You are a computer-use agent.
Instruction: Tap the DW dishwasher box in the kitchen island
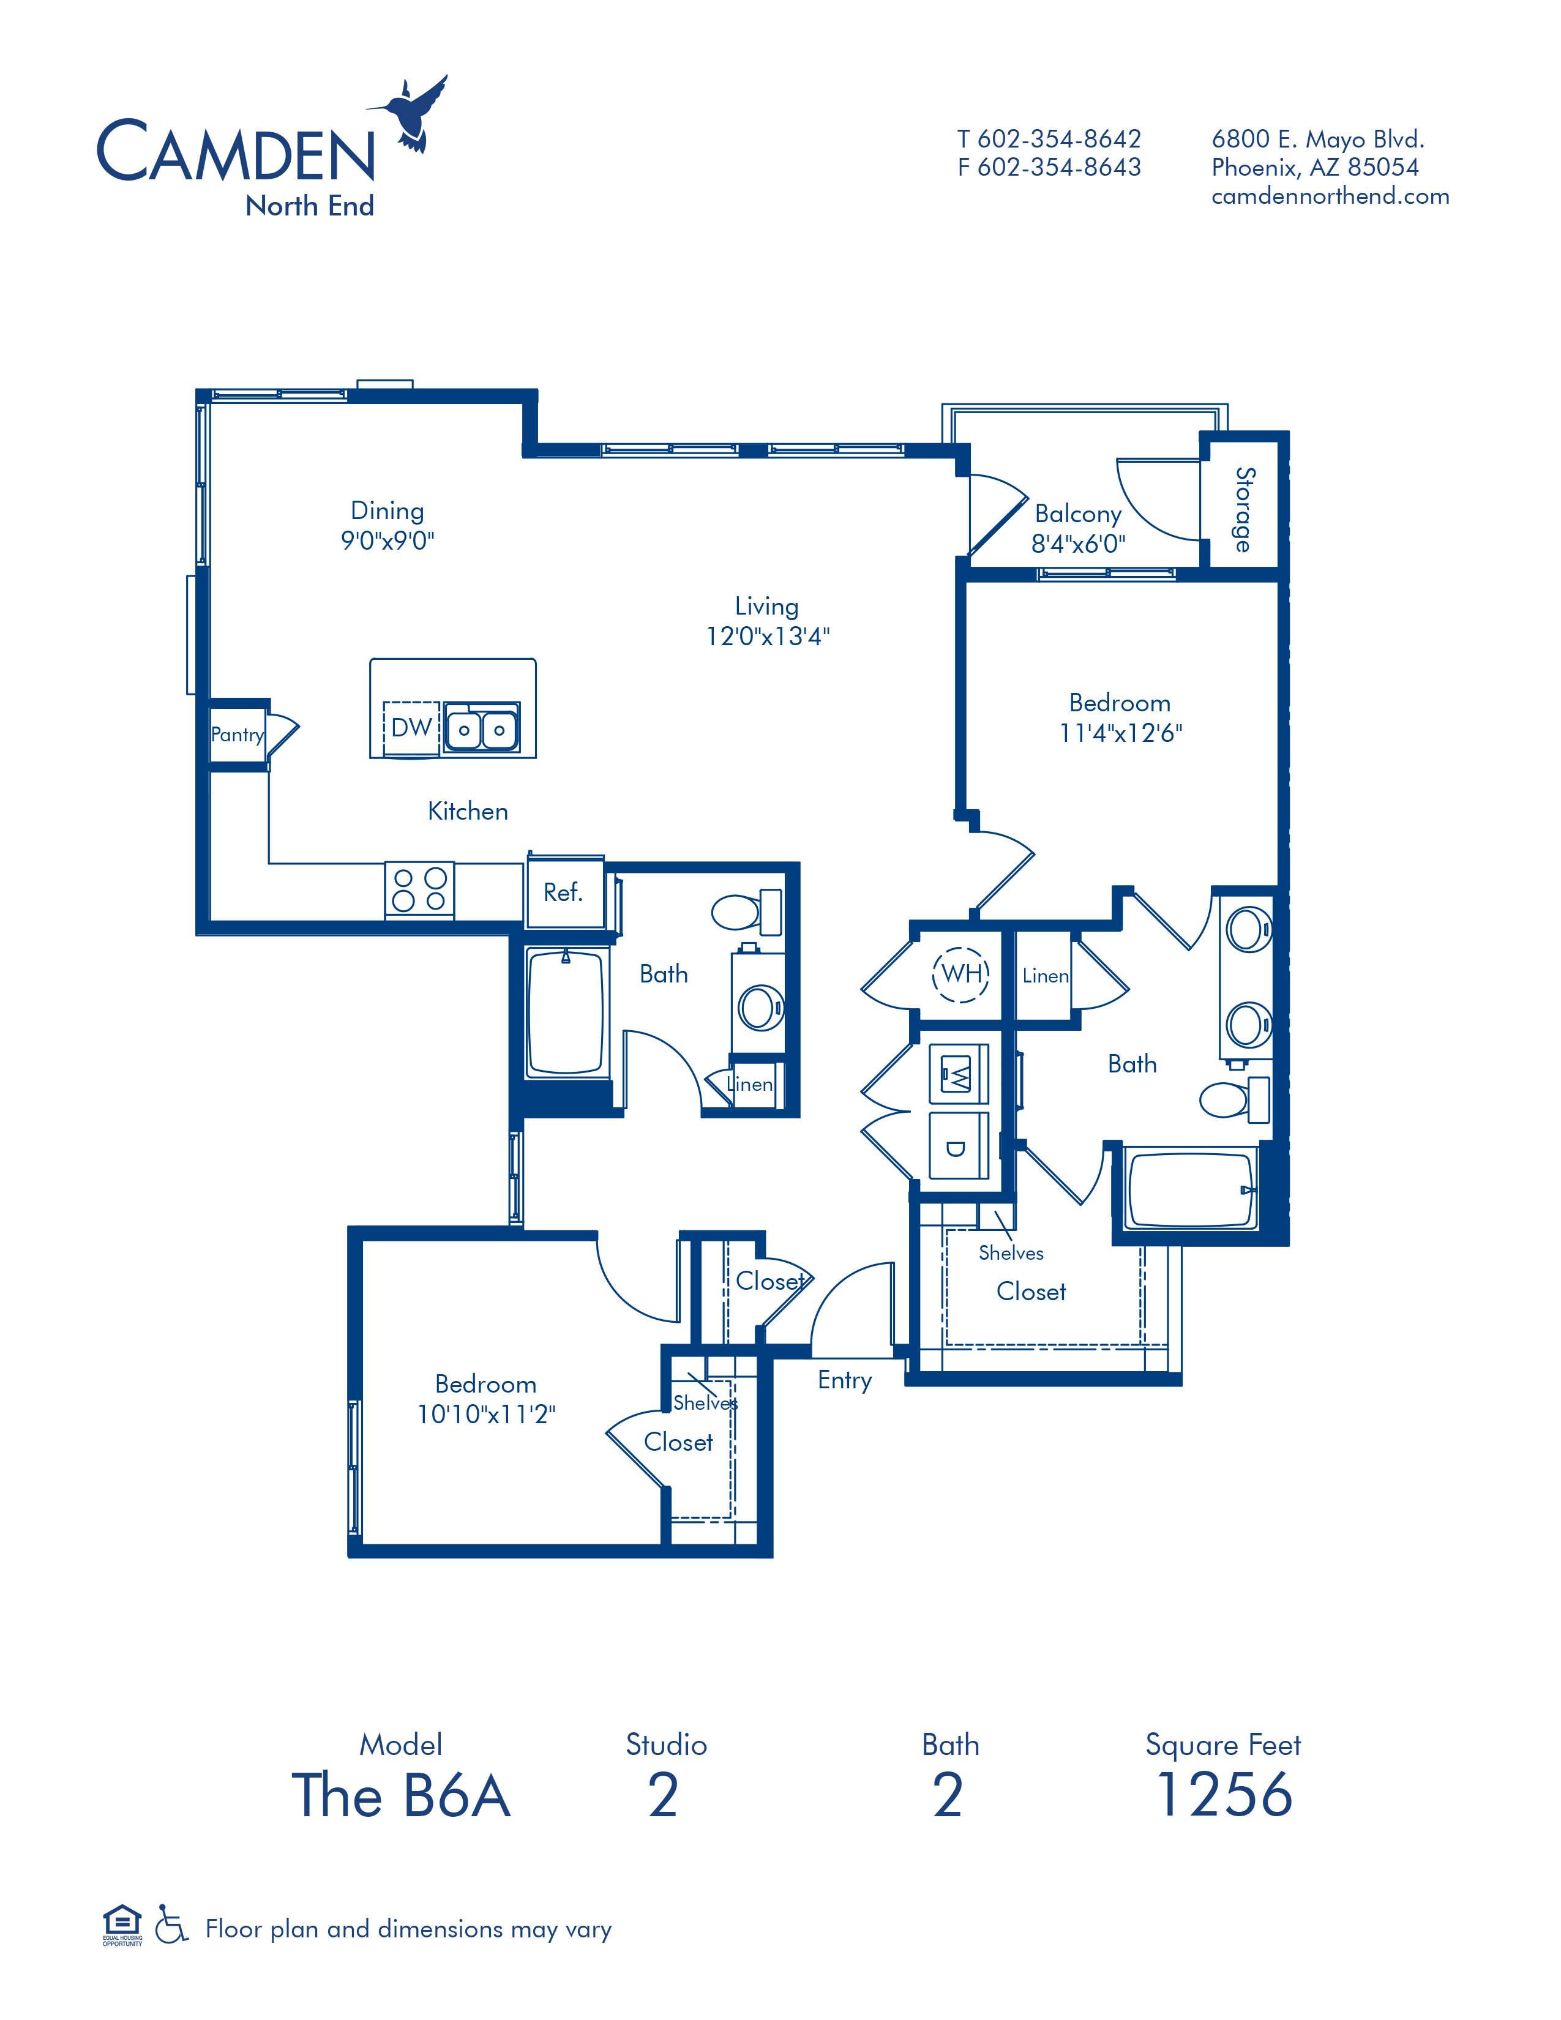[x=411, y=727]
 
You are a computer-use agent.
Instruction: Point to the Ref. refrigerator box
[x=563, y=892]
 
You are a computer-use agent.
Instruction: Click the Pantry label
[x=238, y=735]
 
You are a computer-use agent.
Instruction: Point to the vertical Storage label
[x=1244, y=510]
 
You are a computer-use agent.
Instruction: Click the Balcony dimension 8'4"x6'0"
[x=1078, y=544]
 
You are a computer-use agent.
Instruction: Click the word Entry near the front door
[x=844, y=1380]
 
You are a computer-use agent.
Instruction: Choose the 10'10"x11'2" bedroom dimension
[x=485, y=1414]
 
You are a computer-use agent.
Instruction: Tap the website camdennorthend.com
[x=1330, y=196]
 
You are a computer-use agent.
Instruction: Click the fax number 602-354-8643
[x=1059, y=167]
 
